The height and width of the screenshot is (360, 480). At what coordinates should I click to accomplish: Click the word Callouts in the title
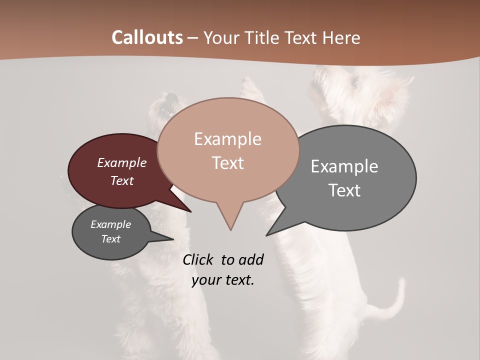(x=147, y=37)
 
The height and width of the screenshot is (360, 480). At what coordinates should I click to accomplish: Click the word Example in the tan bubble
(x=227, y=139)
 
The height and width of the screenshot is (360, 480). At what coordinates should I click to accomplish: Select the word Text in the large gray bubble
(x=344, y=190)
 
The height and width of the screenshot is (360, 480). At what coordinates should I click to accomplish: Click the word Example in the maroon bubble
(x=122, y=162)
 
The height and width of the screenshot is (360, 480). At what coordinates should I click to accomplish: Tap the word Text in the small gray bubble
(x=111, y=239)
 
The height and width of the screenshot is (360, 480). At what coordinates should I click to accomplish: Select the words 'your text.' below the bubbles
(x=223, y=280)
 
